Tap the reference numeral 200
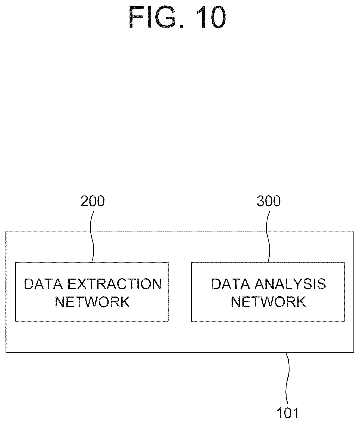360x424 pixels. coord(93,201)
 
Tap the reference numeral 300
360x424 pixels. coord(269,201)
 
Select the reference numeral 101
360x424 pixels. coord(287,413)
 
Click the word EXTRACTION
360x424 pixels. coord(115,284)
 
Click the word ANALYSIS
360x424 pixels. coord(290,284)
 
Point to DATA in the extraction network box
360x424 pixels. coord(43,284)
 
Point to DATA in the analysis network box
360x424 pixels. coord(230,284)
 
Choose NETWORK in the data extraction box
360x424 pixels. coord(93,302)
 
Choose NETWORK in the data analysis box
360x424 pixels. coord(269,302)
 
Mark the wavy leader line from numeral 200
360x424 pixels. coord(92,237)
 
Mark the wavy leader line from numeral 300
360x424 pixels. coord(268,237)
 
